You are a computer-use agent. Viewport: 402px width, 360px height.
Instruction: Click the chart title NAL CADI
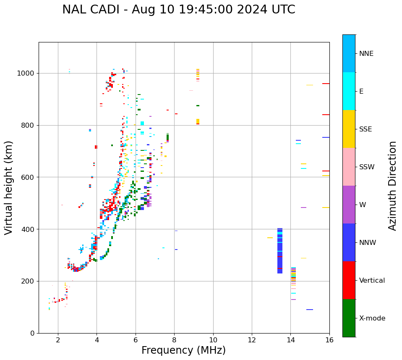[x=178, y=10]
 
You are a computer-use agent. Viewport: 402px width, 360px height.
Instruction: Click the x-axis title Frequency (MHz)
[x=183, y=350]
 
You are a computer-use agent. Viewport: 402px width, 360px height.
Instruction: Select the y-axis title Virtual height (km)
[x=9, y=187]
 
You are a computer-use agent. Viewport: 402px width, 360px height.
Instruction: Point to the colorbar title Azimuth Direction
[x=392, y=185]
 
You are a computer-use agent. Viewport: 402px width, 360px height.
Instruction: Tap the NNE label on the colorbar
[x=366, y=54]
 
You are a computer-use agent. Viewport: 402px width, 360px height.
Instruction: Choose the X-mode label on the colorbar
[x=372, y=318]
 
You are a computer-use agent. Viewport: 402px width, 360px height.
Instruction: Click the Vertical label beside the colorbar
[x=372, y=281]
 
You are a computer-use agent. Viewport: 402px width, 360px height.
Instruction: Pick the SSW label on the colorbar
[x=367, y=167]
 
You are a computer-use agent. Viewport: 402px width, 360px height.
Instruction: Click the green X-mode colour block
[x=349, y=318]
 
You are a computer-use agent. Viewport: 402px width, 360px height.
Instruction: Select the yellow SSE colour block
[x=349, y=129]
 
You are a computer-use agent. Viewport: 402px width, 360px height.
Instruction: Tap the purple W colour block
[x=349, y=205]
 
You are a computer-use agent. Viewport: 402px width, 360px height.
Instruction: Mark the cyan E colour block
[x=349, y=91]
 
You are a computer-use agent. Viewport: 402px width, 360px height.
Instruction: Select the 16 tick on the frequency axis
[x=329, y=339]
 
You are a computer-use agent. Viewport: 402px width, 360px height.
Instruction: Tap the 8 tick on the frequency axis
[x=174, y=339]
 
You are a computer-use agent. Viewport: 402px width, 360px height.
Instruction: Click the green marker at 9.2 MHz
[x=198, y=105]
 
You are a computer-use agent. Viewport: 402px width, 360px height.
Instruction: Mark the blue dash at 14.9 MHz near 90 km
[x=310, y=310]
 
